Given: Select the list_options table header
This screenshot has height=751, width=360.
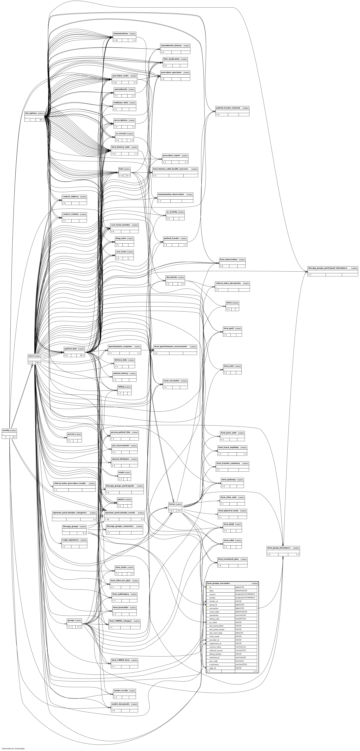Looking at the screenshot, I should click(31, 113).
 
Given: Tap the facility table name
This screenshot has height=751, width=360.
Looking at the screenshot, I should click(6, 430).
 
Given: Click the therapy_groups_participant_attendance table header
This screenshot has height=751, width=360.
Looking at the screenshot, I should click(327, 268).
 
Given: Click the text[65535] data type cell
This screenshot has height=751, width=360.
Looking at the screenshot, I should click(241, 619).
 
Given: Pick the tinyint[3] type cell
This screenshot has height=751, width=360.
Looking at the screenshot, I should click(240, 661).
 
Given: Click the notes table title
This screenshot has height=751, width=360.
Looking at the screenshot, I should click(229, 303).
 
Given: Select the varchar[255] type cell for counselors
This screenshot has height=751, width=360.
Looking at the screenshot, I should click(241, 664).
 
